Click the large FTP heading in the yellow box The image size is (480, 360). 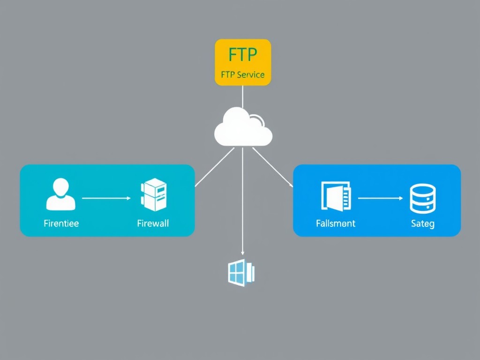click(x=243, y=55)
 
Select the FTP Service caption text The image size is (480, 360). click(x=242, y=75)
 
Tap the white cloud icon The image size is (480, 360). click(x=243, y=127)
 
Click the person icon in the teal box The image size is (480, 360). click(x=60, y=194)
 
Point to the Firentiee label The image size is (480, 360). click(x=61, y=223)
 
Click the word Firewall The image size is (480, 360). click(x=153, y=223)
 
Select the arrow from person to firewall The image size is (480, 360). click(x=106, y=198)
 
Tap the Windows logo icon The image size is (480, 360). click(x=241, y=273)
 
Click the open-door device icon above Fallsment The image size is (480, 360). click(x=336, y=195)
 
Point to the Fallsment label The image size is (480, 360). click(x=336, y=223)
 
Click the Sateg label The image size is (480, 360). click(x=423, y=224)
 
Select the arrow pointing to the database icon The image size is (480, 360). click(x=380, y=198)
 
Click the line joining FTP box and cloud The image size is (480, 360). click(x=243, y=97)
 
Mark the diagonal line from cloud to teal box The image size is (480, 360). click(x=214, y=167)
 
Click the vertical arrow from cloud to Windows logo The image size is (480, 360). click(x=242, y=202)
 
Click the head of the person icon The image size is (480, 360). click(x=60, y=187)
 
